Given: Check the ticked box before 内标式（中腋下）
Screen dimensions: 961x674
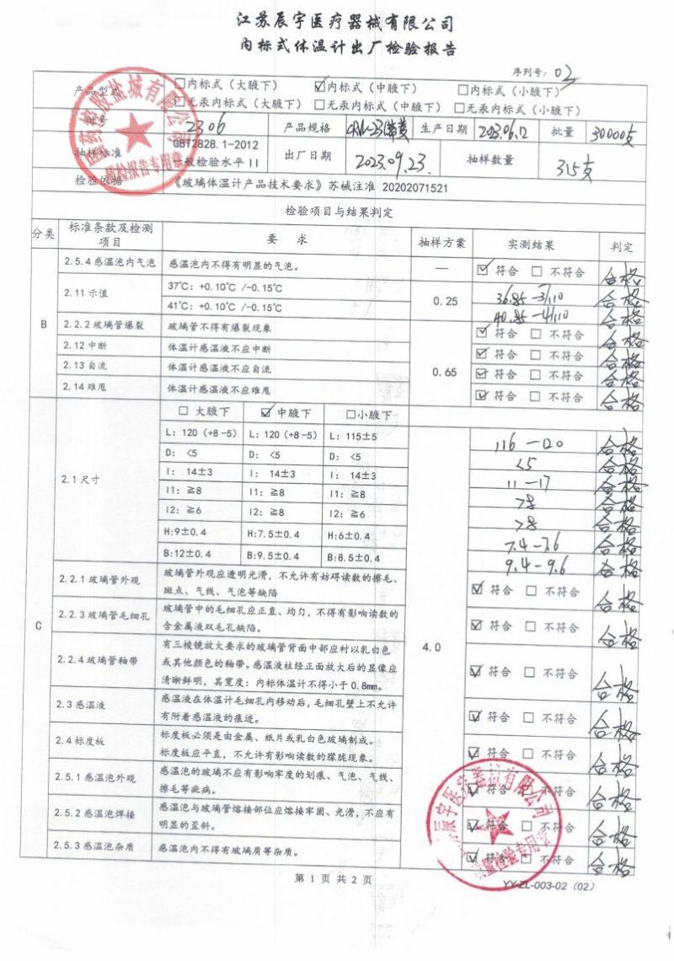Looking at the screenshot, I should (x=319, y=85).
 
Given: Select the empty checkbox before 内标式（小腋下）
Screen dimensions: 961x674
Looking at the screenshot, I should (x=463, y=89).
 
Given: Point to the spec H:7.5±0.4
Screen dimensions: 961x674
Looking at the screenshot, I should (x=286, y=536).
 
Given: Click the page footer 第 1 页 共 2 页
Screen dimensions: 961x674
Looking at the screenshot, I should (x=333, y=878).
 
